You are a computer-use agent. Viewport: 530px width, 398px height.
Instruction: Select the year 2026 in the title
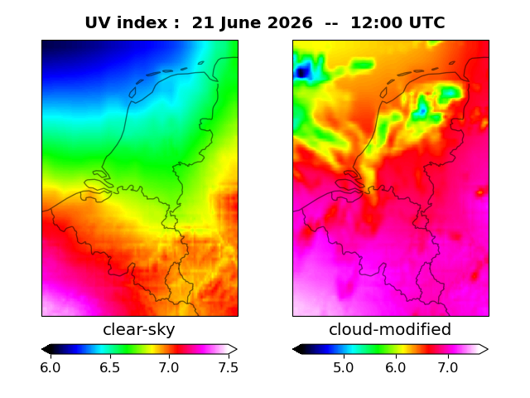pos(289,23)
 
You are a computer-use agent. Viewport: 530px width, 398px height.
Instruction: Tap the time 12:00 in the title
pos(375,23)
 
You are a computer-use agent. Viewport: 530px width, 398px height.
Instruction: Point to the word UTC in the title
pos(426,23)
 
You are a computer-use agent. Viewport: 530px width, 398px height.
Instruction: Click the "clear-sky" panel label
pos(139,329)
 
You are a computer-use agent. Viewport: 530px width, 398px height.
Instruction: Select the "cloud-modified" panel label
pos(390,329)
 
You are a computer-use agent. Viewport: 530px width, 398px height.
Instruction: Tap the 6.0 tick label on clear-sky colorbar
pos(51,367)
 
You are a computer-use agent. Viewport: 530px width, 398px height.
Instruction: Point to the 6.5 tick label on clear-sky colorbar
pos(110,367)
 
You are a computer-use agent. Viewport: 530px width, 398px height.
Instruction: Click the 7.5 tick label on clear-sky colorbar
pos(229,367)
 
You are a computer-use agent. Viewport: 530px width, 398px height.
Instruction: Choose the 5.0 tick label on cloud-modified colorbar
pos(344,367)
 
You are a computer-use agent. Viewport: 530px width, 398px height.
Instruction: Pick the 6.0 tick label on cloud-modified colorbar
pos(396,367)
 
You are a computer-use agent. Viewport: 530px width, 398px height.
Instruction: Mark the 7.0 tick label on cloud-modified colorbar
pos(448,367)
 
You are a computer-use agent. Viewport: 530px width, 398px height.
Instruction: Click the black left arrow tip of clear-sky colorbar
pos(42,349)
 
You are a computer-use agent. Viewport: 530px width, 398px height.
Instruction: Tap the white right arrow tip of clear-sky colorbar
pos(237,349)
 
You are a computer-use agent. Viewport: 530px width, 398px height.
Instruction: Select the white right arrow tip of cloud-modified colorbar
pos(488,349)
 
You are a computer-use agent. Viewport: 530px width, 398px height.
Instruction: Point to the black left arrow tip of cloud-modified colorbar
pos(293,349)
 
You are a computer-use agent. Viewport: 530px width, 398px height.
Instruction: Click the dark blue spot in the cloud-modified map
pos(301,72)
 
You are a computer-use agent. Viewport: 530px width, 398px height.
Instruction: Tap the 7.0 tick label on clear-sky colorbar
pos(169,367)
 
